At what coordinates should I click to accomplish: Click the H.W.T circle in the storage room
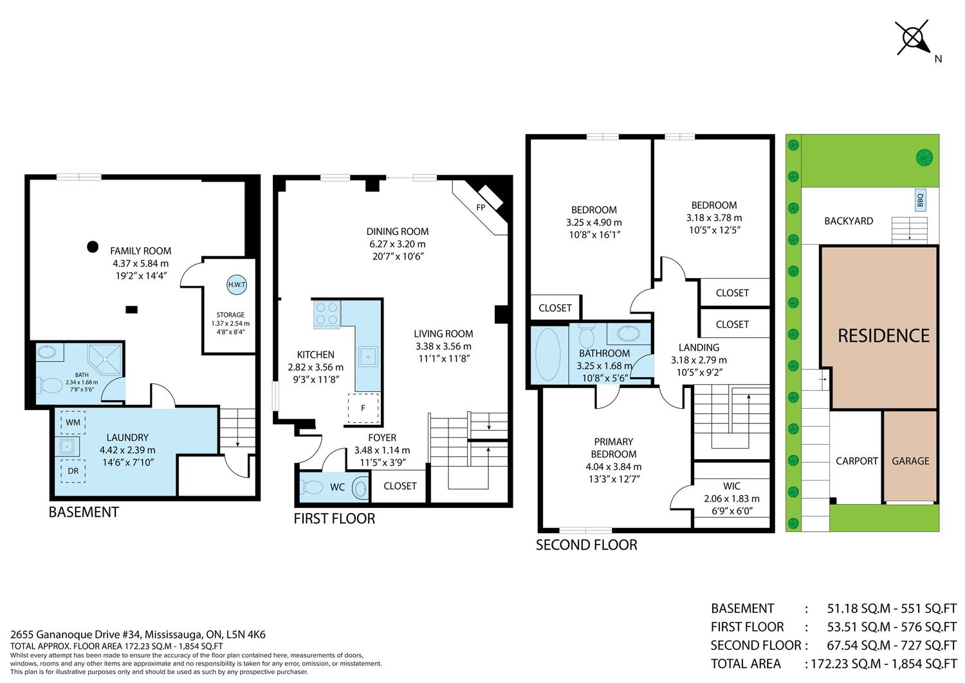click(x=237, y=285)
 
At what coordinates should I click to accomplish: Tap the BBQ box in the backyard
click(x=920, y=200)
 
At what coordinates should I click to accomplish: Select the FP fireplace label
click(x=481, y=207)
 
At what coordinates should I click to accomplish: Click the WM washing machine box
click(x=73, y=422)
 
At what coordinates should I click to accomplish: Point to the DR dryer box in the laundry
click(x=73, y=471)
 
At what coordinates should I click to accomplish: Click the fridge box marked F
click(x=363, y=407)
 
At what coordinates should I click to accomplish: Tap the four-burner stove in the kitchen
click(x=327, y=314)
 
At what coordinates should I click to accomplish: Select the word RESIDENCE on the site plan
click(x=883, y=336)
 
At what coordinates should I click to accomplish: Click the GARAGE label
click(x=910, y=461)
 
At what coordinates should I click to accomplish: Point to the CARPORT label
click(x=856, y=461)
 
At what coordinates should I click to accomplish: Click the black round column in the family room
click(x=93, y=247)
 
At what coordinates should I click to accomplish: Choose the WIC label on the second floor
click(x=731, y=486)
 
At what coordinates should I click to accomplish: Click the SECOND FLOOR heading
click(x=586, y=545)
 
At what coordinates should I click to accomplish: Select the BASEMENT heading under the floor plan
click(x=84, y=512)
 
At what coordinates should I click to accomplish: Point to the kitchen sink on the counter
click(x=367, y=357)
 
